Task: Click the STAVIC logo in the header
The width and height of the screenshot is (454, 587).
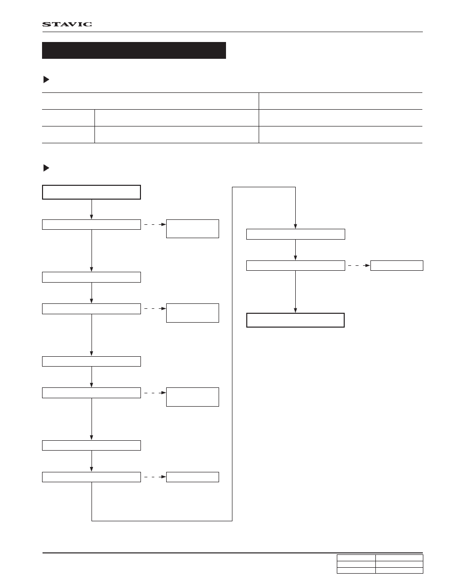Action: tap(67, 24)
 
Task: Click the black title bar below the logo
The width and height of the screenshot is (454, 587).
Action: tap(134, 50)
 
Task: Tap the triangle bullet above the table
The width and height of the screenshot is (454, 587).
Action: tap(46, 80)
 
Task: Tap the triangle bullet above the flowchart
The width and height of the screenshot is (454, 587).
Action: tap(46, 168)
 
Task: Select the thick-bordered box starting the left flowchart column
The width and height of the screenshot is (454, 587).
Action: tap(91, 192)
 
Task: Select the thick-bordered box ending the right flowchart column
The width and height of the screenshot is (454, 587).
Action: tap(295, 320)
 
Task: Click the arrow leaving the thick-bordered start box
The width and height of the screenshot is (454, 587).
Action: tap(91, 210)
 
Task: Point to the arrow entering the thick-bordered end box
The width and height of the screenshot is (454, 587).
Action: tap(295, 292)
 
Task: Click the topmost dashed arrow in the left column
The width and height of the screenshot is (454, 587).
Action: tap(155, 225)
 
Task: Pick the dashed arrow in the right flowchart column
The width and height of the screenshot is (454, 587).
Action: tap(359, 265)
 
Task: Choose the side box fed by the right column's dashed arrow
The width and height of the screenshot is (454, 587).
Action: tap(397, 265)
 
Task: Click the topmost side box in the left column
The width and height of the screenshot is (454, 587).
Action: tap(192, 229)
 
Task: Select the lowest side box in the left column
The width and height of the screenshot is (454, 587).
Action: tap(192, 477)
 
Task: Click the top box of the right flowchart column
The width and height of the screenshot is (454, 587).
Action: tap(296, 234)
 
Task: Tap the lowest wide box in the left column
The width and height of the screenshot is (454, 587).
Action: tap(91, 477)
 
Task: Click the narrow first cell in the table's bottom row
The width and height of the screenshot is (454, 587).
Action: tap(68, 134)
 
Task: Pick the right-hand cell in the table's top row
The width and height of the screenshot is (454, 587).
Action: tap(340, 101)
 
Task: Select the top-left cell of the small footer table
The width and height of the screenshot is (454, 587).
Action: tap(356, 558)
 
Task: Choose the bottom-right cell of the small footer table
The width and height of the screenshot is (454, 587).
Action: tap(399, 571)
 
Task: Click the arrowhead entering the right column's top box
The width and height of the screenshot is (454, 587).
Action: tap(295, 226)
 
